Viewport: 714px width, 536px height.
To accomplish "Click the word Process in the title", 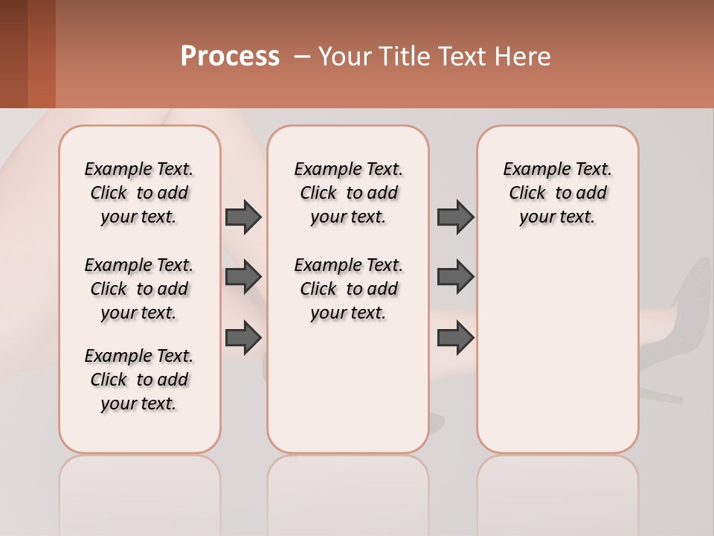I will coord(230,57).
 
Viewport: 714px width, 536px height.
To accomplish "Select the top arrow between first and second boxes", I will coord(243,217).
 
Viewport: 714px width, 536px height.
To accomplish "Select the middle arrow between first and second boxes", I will coord(243,277).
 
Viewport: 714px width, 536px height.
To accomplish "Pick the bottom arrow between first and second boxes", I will coord(243,337).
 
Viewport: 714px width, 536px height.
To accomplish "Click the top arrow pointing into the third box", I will coord(455,217).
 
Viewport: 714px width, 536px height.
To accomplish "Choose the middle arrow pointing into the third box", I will coord(455,277).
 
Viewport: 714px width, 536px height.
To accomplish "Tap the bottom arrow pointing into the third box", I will coord(455,337).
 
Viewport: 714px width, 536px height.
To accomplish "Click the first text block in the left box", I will coord(139,193).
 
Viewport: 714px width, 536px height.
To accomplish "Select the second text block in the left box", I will coord(139,289).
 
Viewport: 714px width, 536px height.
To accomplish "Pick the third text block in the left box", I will coord(139,380).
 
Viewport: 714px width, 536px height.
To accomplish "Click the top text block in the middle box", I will coord(349,193).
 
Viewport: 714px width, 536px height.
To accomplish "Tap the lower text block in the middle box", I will coord(349,289).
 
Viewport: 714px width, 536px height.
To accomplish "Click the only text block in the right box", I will coord(557,193).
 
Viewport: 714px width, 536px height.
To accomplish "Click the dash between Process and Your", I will coord(302,57).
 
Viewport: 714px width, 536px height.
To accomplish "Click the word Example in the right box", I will coord(531,170).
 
